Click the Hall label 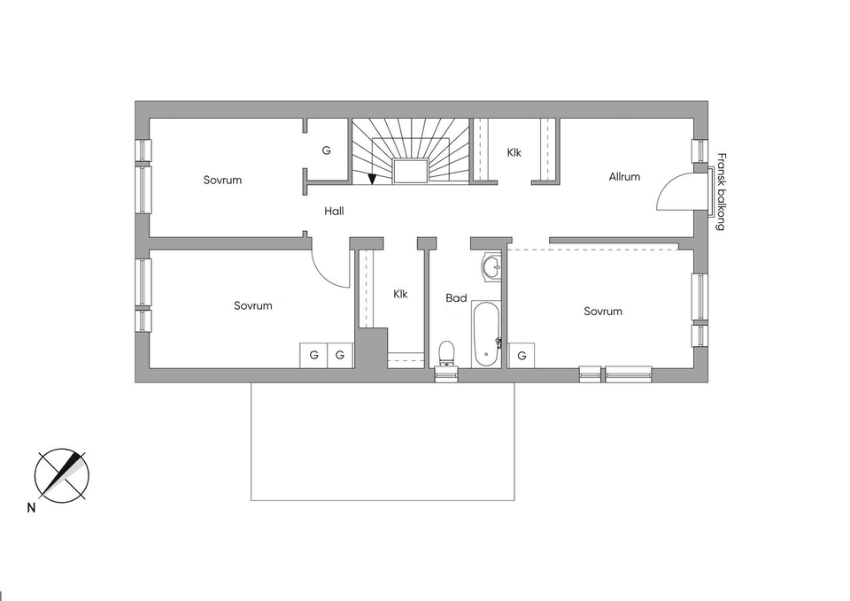(334, 212)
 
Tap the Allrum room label (624, 177)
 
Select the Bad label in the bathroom (456, 298)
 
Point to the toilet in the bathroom (447, 353)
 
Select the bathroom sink (491, 266)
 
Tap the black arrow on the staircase (373, 179)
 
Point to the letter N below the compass (31, 508)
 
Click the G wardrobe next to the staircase (326, 150)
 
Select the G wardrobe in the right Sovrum (522, 356)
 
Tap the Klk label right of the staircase (514, 152)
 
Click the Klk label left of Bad (400, 294)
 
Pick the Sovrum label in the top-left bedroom (222, 180)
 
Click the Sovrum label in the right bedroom (603, 311)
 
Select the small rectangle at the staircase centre (411, 171)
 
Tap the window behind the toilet (446, 375)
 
